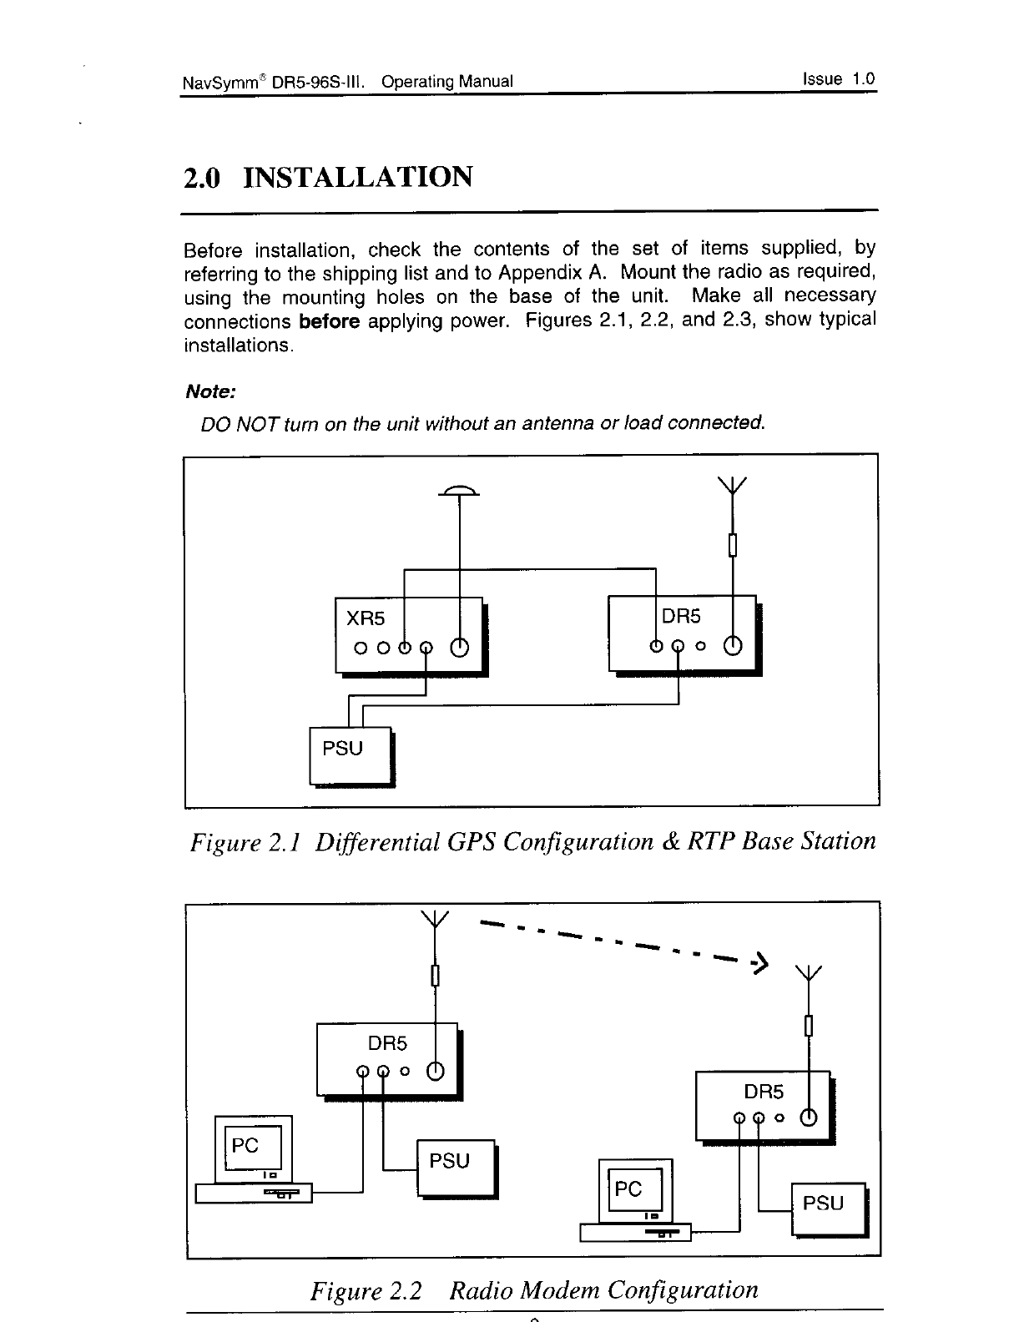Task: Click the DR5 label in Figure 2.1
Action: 681,617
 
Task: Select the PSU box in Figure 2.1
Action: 350,755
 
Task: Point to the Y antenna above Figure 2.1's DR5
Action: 732,486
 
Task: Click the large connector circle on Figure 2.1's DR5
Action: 733,645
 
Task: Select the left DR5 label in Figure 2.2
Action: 388,1043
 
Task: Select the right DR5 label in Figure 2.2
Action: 764,1091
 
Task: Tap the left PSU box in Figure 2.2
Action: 455,1167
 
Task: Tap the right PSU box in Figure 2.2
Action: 828,1208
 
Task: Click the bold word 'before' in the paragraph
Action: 329,321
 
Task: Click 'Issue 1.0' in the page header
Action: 838,79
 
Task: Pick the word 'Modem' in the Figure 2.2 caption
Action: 559,1290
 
